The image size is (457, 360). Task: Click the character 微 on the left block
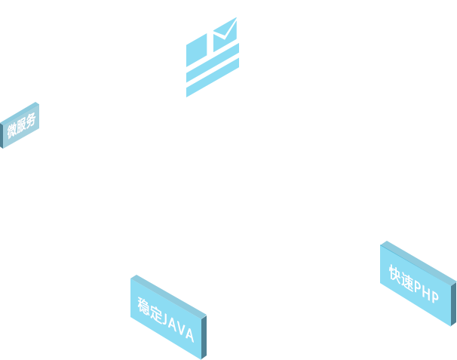(x=12, y=130)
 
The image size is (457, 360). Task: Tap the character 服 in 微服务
(x=21, y=125)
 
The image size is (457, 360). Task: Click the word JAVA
(x=179, y=327)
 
